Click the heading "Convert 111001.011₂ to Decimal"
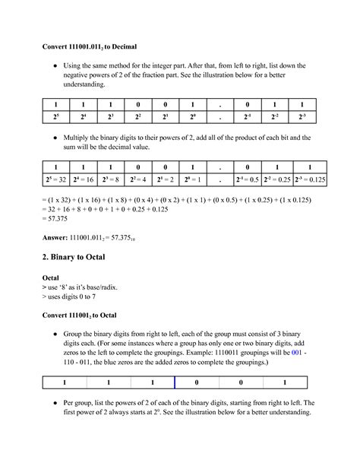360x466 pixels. (x=89, y=46)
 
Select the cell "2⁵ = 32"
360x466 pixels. (x=55, y=180)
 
